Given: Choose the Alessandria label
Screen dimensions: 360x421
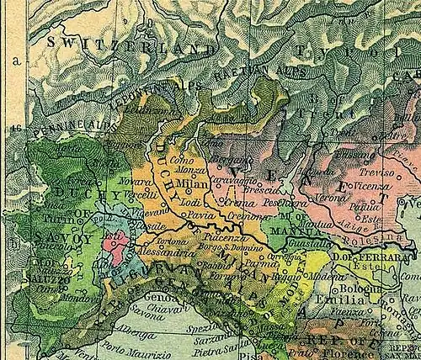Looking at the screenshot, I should [x=163, y=251].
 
